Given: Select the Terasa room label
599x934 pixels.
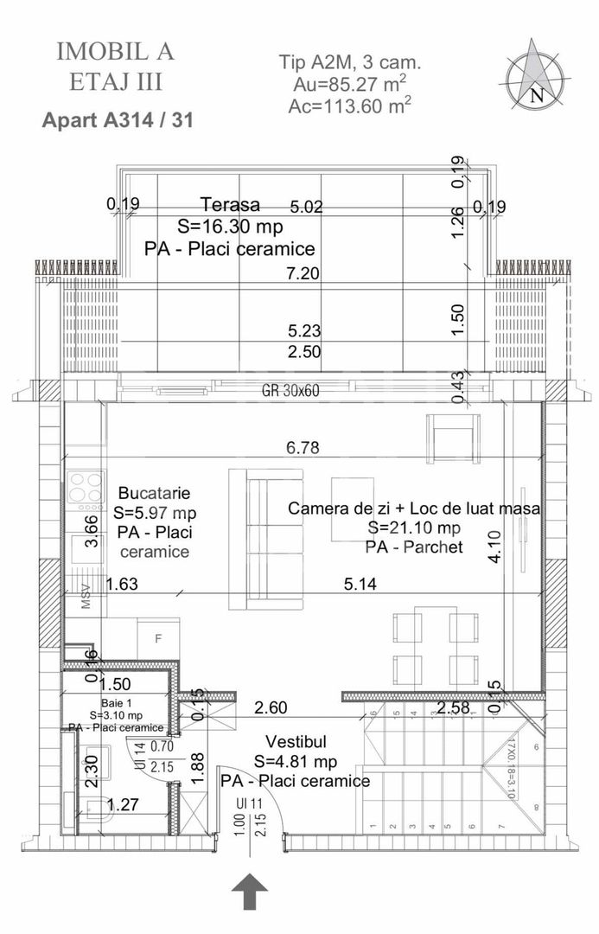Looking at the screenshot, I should (230, 205).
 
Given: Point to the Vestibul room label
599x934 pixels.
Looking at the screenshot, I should (296, 743).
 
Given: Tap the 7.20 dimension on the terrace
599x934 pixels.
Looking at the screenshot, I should (303, 273).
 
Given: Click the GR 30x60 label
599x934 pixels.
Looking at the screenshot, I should (290, 390).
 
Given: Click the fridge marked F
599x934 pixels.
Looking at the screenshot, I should (157, 639).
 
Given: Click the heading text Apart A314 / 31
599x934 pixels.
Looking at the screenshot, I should (117, 120).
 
